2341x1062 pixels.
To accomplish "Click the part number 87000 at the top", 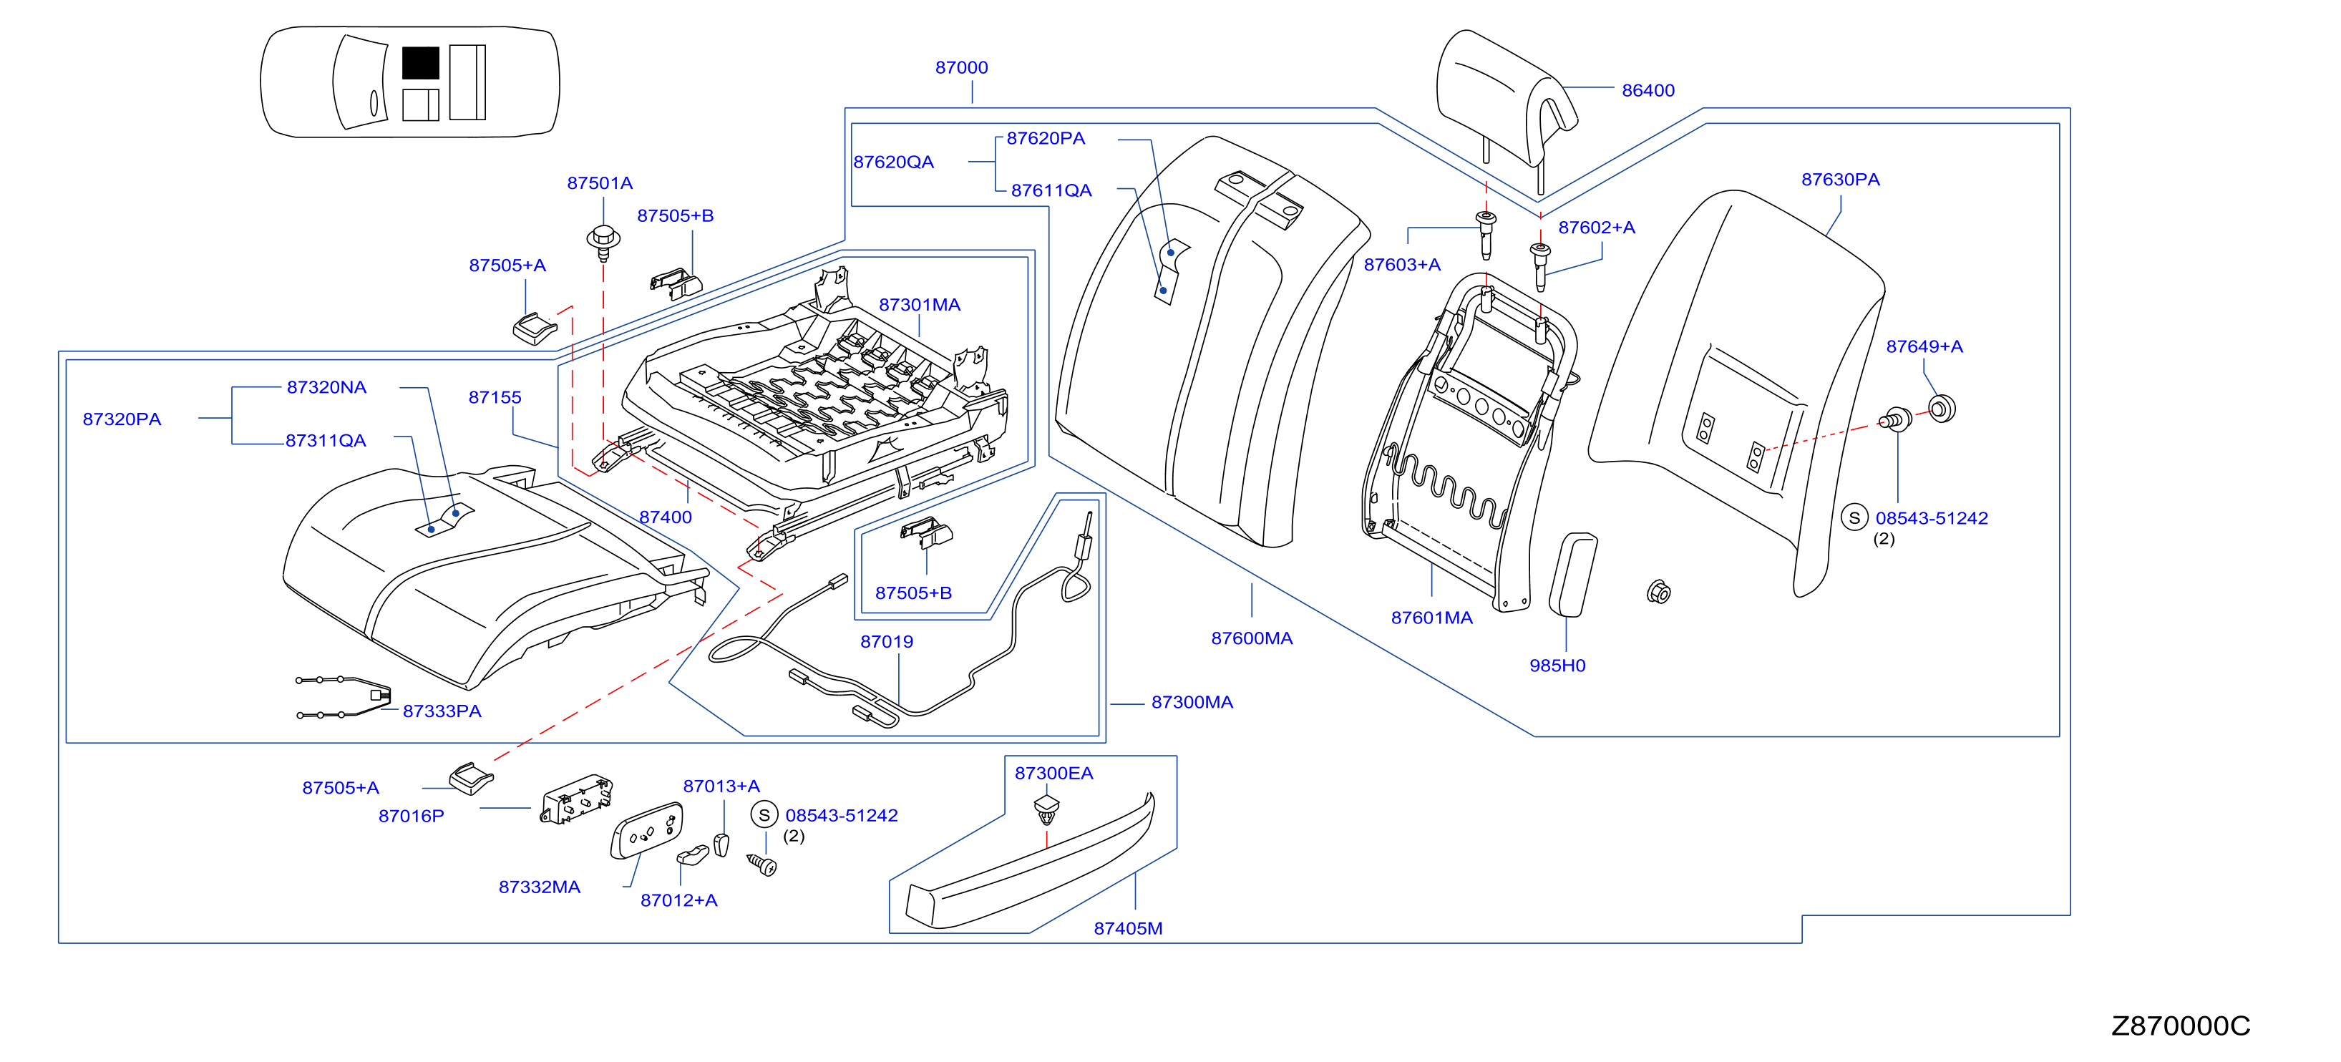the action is tap(961, 67).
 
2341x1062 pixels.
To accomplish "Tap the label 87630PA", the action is tap(1840, 179).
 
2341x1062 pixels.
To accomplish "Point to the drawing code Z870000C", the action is tap(2180, 1026).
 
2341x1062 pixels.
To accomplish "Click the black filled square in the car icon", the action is tap(421, 63).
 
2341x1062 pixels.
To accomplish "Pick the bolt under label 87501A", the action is tap(603, 240).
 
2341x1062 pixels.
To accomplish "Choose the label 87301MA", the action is tap(920, 304).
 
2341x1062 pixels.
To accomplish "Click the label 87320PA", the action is tap(122, 419).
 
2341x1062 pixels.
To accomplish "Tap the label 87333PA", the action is tap(442, 711).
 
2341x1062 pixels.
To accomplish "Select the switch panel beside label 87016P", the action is tap(576, 799).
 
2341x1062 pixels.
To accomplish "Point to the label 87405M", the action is tap(1128, 927).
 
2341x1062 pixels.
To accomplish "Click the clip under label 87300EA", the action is tap(1047, 809).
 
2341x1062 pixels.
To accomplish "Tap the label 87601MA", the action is tap(1431, 618).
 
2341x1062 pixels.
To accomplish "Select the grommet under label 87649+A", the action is tap(1941, 409).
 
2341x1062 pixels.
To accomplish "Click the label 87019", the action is tap(886, 641).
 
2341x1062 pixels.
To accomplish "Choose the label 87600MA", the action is tap(1252, 638).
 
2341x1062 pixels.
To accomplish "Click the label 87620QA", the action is tap(893, 162).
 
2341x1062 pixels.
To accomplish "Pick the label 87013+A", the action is tap(721, 786).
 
